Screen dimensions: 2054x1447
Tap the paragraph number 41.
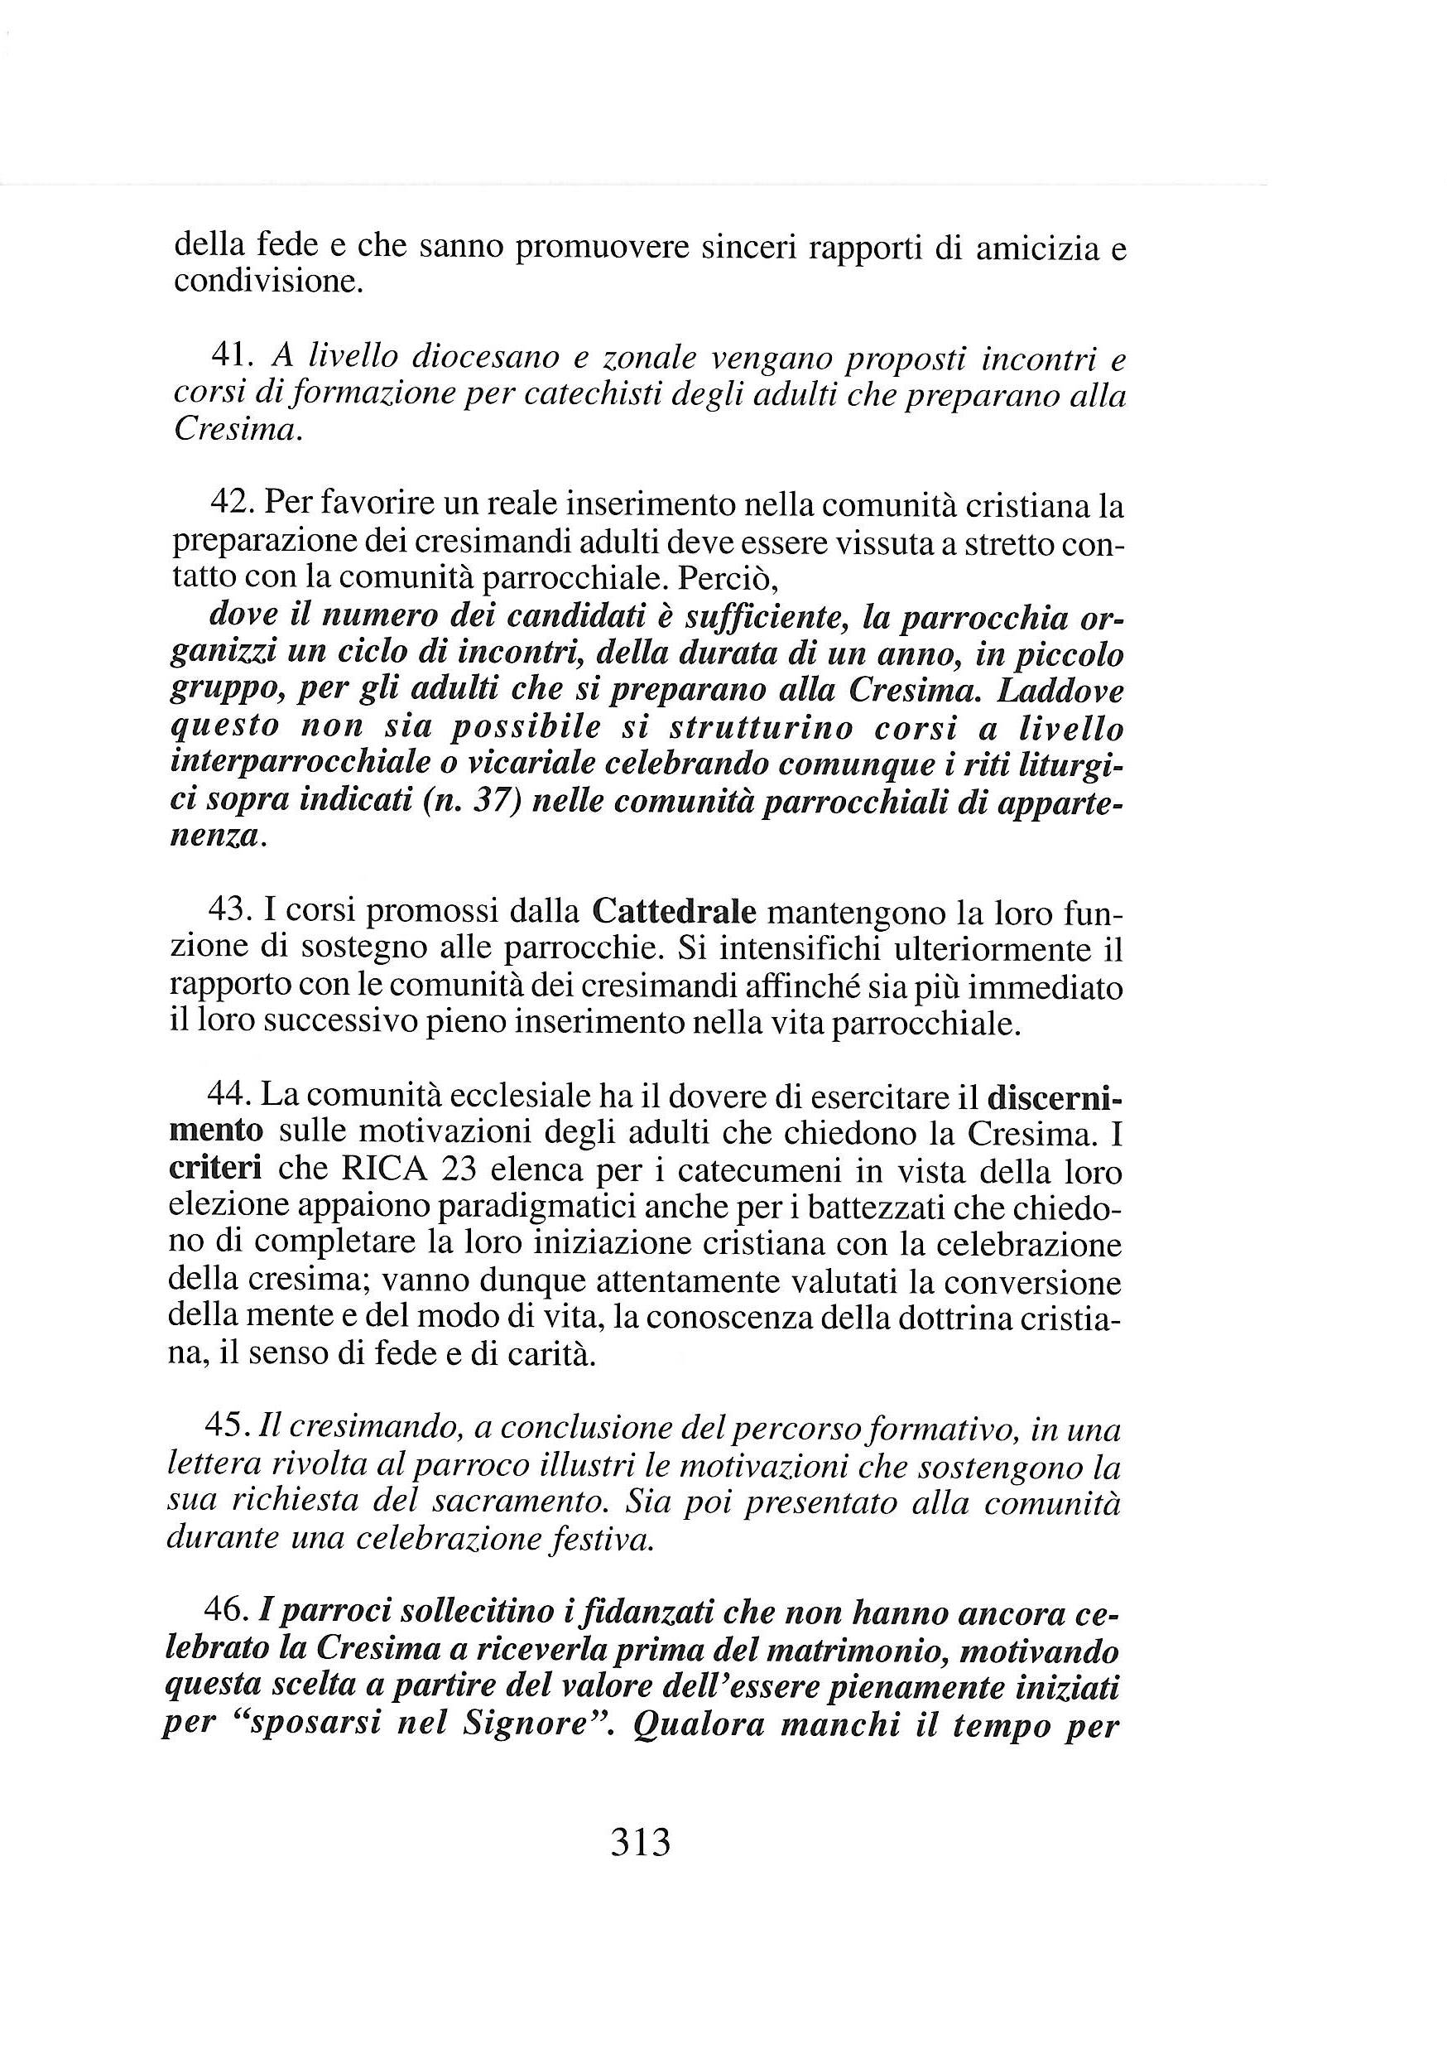click(x=232, y=357)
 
